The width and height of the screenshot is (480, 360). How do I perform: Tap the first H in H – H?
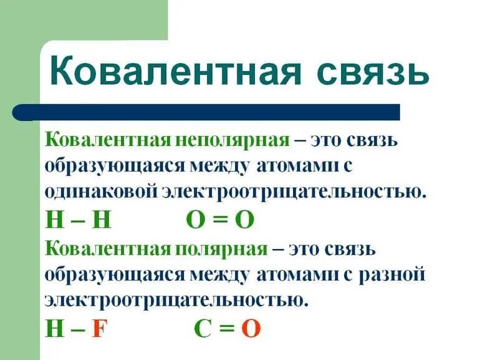pos(54,220)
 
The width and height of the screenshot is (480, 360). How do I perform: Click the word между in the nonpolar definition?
pos(236,165)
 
